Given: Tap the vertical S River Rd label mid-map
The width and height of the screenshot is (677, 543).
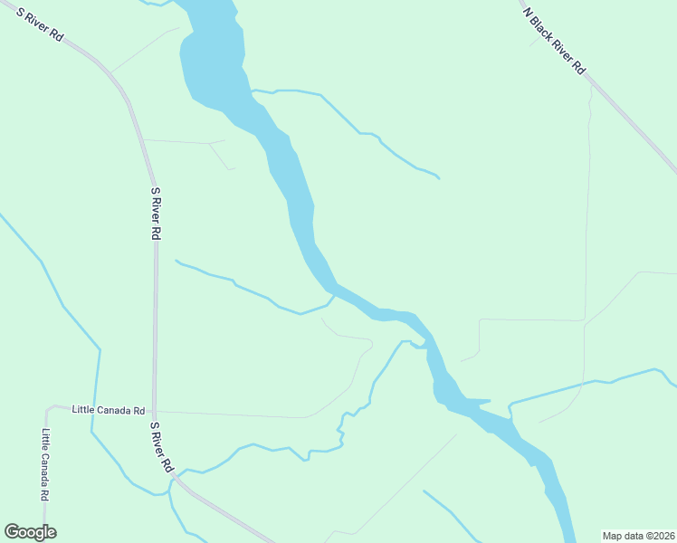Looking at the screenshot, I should point(156,214).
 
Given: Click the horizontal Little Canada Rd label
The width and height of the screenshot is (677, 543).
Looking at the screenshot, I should point(109,410).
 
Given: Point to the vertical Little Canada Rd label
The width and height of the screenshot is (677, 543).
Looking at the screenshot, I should point(45,465).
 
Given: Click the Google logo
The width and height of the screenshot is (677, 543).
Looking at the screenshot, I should point(30,532).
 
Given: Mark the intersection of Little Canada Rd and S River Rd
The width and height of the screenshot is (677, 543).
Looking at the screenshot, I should point(155,411).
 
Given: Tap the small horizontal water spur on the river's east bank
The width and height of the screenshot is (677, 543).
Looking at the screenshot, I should point(478,401).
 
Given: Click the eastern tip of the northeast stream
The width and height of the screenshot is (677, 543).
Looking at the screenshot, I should point(438,177).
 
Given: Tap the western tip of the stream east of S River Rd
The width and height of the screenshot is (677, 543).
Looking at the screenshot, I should point(176,261).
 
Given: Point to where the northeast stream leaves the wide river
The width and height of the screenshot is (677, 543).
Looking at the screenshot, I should point(253,90).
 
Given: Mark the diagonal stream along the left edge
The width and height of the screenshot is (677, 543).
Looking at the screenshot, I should point(54,290).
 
